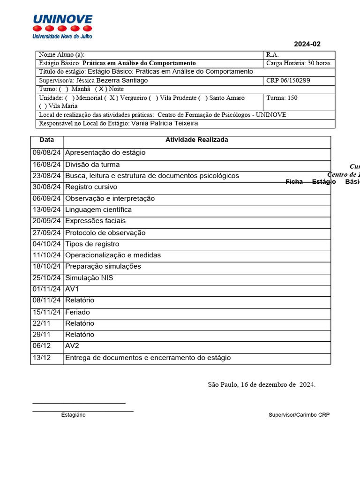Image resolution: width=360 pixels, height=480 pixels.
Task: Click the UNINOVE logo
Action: [x=62, y=26]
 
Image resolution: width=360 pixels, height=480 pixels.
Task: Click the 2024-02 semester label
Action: [x=307, y=44]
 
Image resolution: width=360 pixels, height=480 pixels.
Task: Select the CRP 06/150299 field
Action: [x=288, y=81]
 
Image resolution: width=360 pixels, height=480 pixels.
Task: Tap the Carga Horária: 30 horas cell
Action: [x=298, y=63]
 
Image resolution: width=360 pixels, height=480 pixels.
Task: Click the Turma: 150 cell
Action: [x=282, y=98]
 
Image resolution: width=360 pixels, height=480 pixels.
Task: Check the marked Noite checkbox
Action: [x=101, y=89]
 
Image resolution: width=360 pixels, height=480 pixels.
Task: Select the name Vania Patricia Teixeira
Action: [x=165, y=123]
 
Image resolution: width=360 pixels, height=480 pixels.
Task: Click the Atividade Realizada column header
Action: [x=196, y=140]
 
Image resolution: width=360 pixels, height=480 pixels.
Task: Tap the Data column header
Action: [x=47, y=140]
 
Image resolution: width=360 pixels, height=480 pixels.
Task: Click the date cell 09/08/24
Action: [x=47, y=153]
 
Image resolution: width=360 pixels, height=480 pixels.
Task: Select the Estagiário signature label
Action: [x=73, y=415]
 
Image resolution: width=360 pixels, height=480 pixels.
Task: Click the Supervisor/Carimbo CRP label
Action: [x=299, y=415]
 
